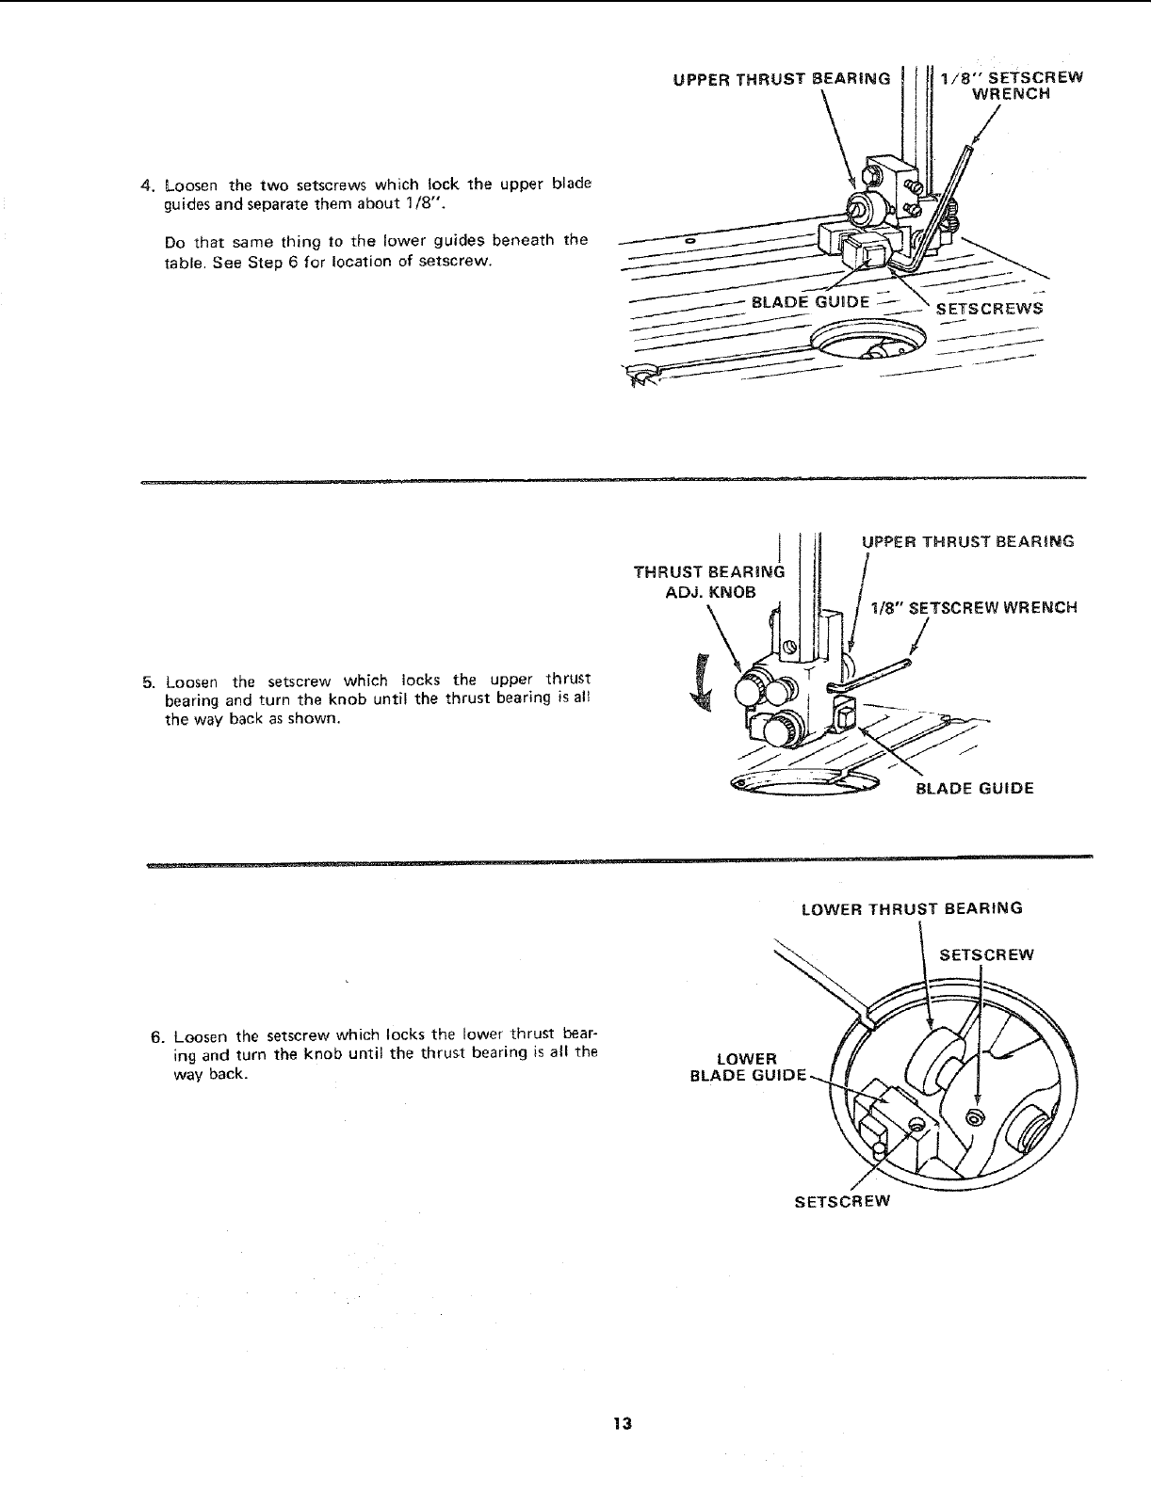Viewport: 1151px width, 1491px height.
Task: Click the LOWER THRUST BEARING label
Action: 911,909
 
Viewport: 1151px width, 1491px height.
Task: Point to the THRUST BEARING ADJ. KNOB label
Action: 708,582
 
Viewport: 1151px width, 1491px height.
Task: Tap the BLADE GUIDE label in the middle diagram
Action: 975,789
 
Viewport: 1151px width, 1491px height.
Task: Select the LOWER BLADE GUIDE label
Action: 748,1067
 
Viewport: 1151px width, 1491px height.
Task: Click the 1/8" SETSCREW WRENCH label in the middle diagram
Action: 974,608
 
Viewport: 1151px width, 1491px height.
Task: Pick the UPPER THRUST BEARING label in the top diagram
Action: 782,78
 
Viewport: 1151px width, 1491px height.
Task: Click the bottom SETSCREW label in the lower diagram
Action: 842,1201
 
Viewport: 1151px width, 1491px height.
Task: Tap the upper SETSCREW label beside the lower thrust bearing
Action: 986,955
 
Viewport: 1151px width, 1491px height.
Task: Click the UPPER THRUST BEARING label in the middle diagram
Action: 968,541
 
